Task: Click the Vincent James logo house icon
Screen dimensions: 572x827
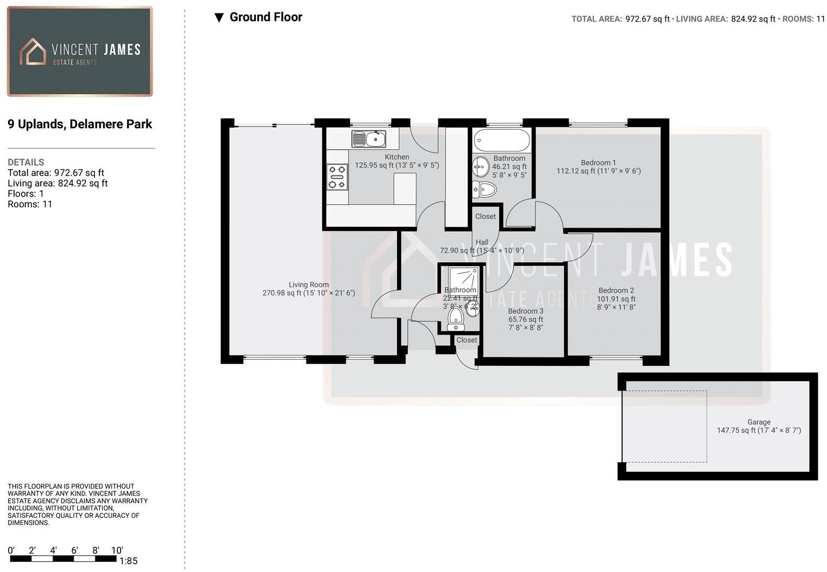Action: click(x=33, y=52)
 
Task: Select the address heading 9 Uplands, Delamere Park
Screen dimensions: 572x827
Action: click(x=80, y=124)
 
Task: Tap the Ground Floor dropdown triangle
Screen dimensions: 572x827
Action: click(x=219, y=18)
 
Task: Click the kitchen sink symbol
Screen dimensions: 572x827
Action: click(x=368, y=139)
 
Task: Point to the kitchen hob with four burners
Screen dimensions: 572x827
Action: click(x=338, y=177)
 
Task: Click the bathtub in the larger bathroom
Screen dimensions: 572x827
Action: click(x=501, y=141)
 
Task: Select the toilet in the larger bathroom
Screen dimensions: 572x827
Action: click(x=485, y=189)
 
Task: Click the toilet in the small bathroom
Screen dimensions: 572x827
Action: click(x=455, y=319)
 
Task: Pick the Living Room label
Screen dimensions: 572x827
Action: click(x=308, y=285)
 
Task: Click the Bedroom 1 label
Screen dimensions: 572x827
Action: click(x=598, y=162)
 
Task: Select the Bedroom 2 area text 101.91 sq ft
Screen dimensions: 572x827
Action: click(x=616, y=299)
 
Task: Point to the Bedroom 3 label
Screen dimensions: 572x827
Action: click(x=525, y=311)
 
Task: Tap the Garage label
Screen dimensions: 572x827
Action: click(x=758, y=422)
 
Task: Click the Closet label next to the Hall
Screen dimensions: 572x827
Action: click(x=485, y=216)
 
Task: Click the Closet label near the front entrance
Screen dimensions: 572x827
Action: click(x=466, y=340)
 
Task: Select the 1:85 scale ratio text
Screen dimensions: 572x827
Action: click(x=128, y=561)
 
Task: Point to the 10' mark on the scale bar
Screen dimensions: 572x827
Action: click(x=117, y=551)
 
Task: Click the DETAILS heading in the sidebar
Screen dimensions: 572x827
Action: click(x=26, y=162)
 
